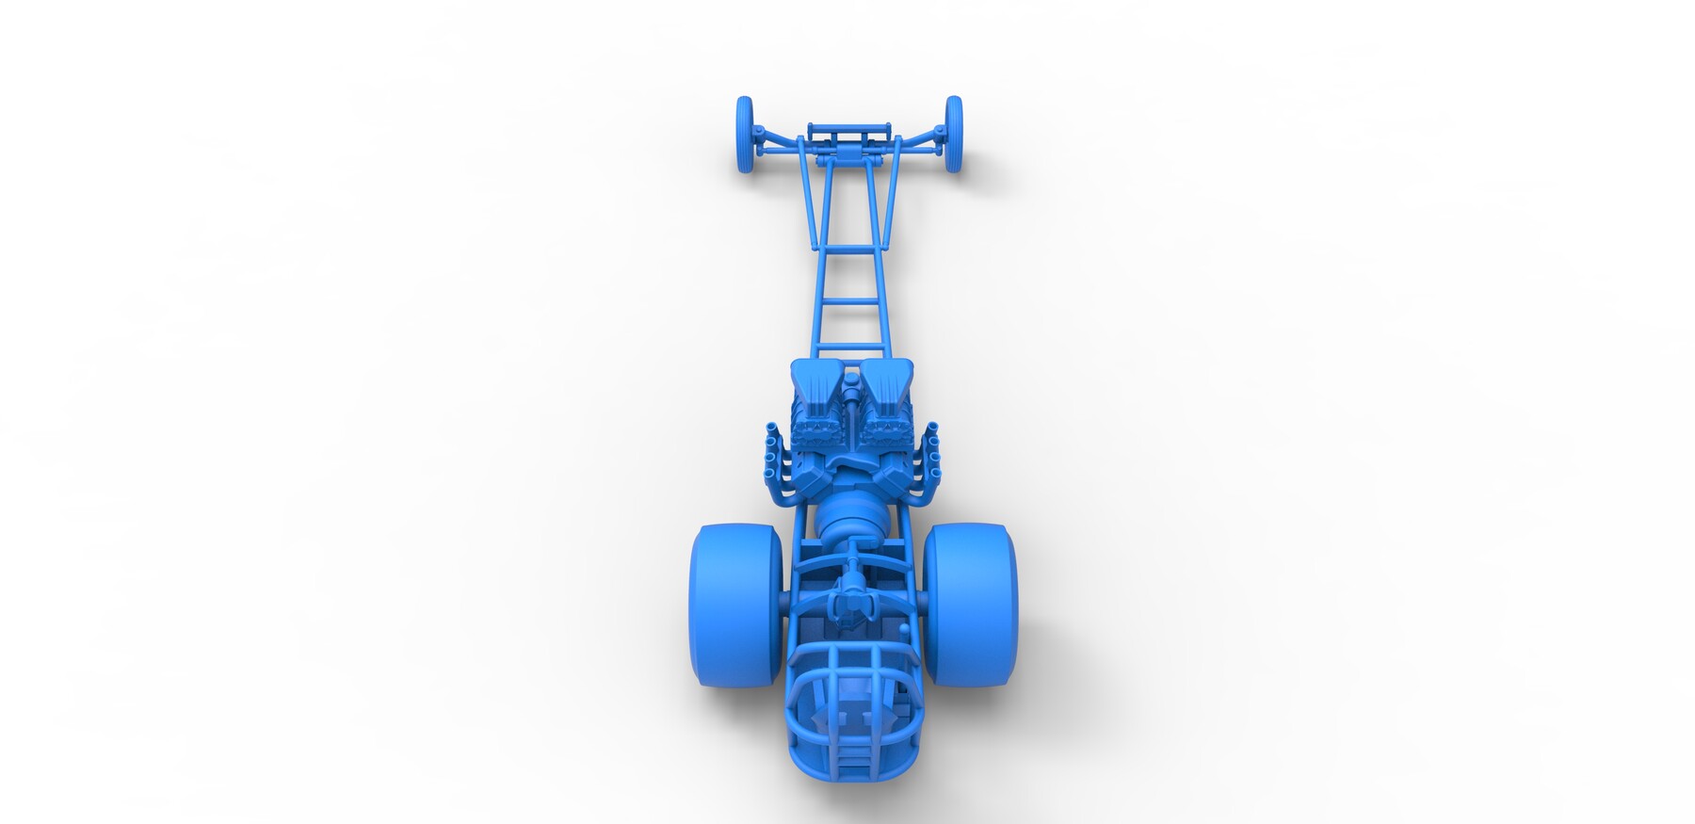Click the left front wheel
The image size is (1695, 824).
tap(745, 134)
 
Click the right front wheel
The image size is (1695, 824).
tap(954, 134)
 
